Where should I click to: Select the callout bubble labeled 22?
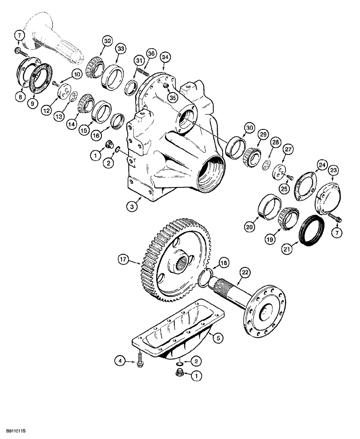[245, 273]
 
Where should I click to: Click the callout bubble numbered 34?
[165, 57]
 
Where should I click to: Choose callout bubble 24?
[322, 165]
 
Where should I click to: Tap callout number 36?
[151, 54]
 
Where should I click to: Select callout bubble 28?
[275, 142]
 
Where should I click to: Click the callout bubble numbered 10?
[77, 75]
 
